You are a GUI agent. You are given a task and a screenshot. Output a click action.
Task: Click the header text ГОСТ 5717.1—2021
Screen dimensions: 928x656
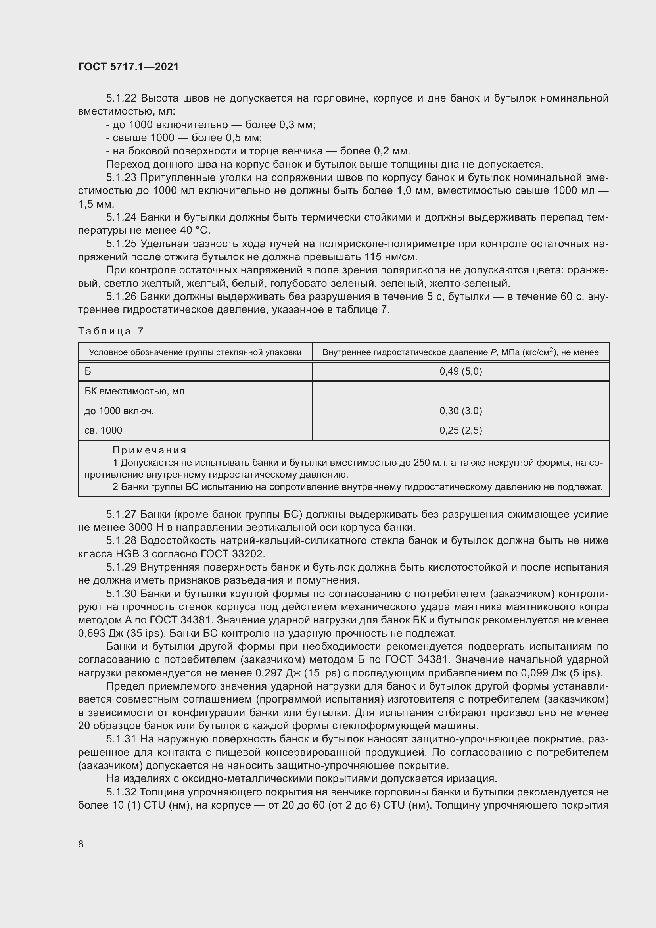pos(128,67)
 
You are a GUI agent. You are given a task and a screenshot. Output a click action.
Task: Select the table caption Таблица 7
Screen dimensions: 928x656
pos(111,331)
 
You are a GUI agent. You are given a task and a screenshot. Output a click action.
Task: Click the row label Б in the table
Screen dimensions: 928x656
pos(88,371)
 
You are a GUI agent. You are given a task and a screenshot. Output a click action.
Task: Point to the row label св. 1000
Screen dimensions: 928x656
pos(103,430)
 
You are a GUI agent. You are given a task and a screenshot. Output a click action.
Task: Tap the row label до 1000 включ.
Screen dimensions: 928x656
pos(119,411)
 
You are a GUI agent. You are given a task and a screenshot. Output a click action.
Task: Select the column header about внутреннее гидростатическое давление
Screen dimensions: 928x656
pos(460,352)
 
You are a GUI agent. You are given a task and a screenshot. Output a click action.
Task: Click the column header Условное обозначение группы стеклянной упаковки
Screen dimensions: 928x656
pos(195,352)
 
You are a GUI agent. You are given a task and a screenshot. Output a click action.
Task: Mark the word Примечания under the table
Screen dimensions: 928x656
pos(150,450)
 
